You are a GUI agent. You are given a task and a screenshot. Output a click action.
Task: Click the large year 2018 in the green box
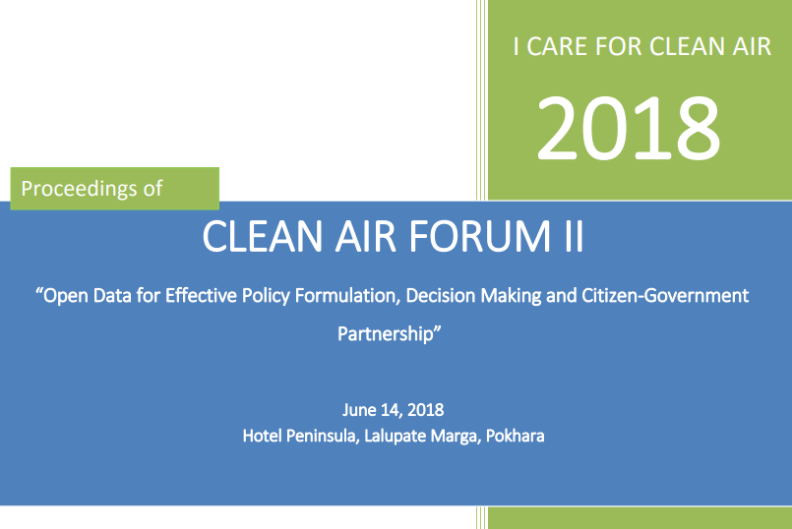point(629,129)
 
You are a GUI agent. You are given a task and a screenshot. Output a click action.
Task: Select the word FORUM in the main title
point(479,236)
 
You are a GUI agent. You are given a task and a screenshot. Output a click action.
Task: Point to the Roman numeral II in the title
point(574,236)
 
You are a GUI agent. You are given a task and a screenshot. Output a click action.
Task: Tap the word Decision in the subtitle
point(441,295)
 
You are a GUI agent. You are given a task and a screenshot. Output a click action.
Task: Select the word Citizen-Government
point(665,295)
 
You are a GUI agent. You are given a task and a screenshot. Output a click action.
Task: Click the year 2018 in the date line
point(425,410)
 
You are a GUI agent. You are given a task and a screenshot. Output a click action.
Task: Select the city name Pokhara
point(516,436)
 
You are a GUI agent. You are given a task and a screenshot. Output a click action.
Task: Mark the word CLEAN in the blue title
point(262,236)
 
